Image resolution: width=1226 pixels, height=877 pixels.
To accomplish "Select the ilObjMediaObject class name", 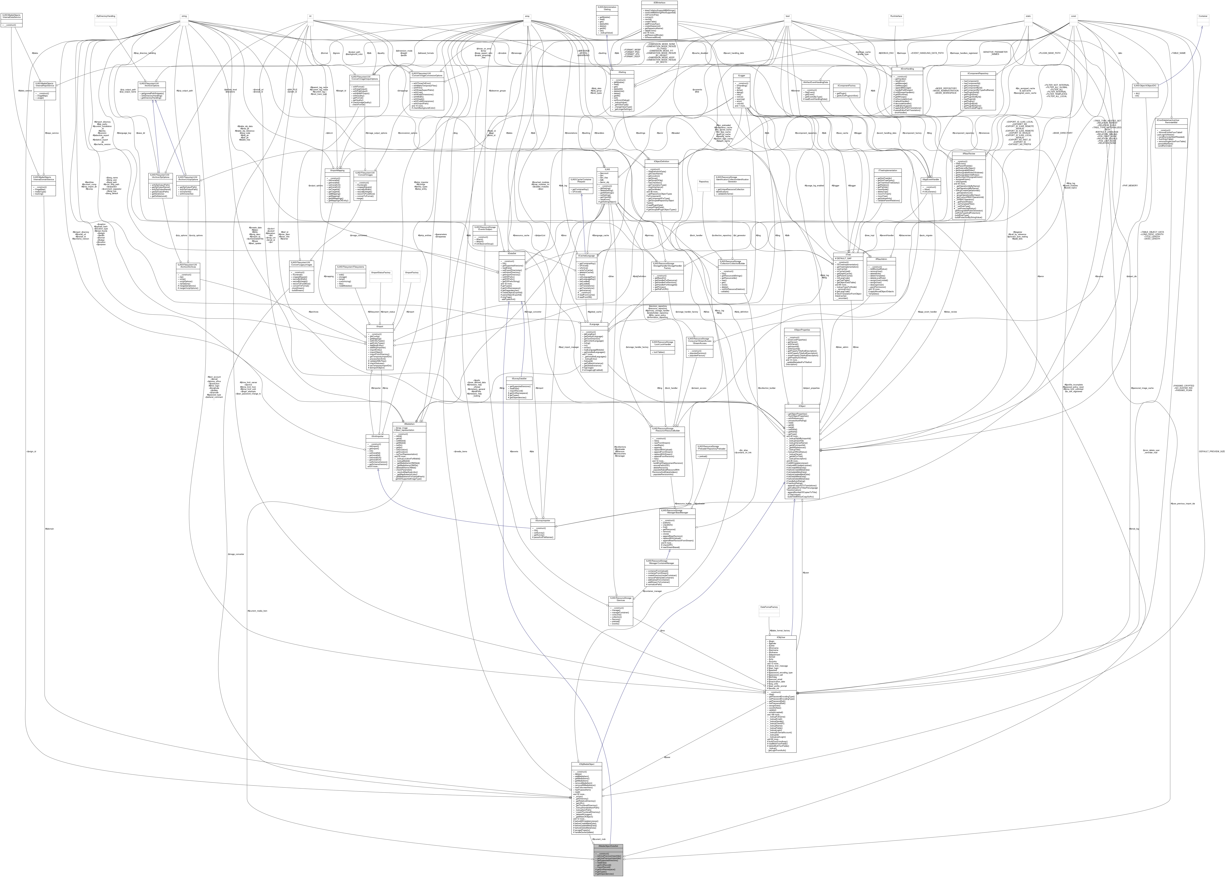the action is click(x=586, y=765).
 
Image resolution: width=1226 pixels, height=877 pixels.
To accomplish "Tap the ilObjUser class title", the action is click(x=780, y=637).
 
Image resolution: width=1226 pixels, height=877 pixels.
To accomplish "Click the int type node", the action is click(x=310, y=16).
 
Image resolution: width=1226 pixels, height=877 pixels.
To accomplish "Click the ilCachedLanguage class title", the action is click(x=587, y=256).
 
